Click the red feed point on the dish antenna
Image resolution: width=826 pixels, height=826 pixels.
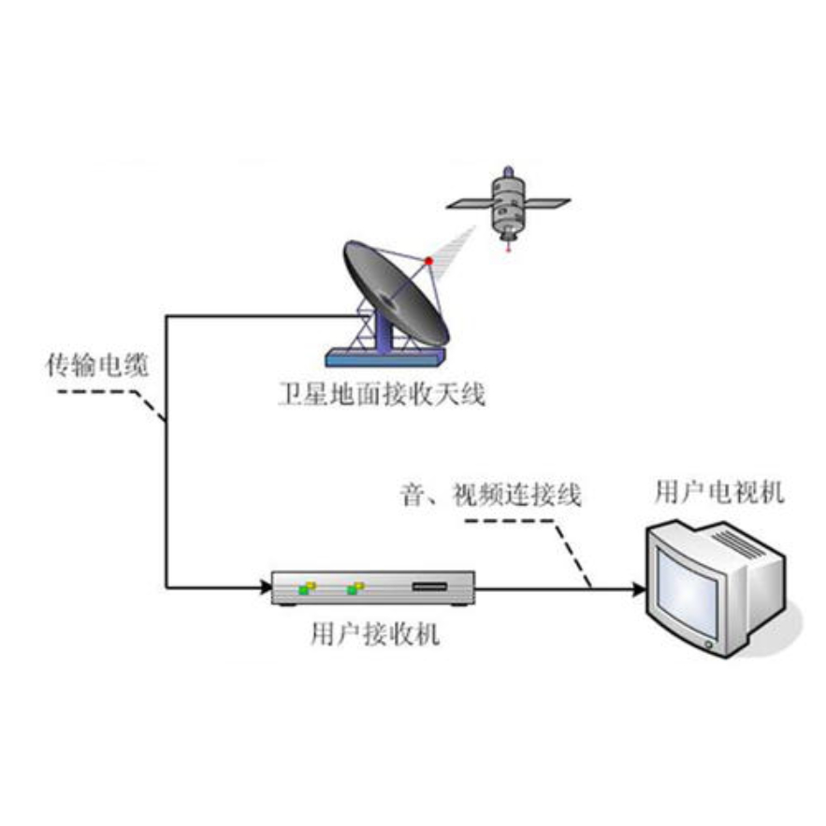pyautogui.click(x=429, y=260)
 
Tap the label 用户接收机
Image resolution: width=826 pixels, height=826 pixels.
pyautogui.click(x=373, y=636)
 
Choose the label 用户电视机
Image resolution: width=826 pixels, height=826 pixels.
pyautogui.click(x=719, y=492)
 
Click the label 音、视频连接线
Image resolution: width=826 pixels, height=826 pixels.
pyautogui.click(x=489, y=494)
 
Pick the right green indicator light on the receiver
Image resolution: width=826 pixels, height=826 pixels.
pyautogui.click(x=354, y=588)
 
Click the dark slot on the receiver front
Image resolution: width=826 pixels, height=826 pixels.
pyautogui.click(x=430, y=587)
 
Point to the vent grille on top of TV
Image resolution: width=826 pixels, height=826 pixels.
pyautogui.click(x=740, y=541)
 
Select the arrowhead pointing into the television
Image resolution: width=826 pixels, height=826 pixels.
pyautogui.click(x=638, y=588)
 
